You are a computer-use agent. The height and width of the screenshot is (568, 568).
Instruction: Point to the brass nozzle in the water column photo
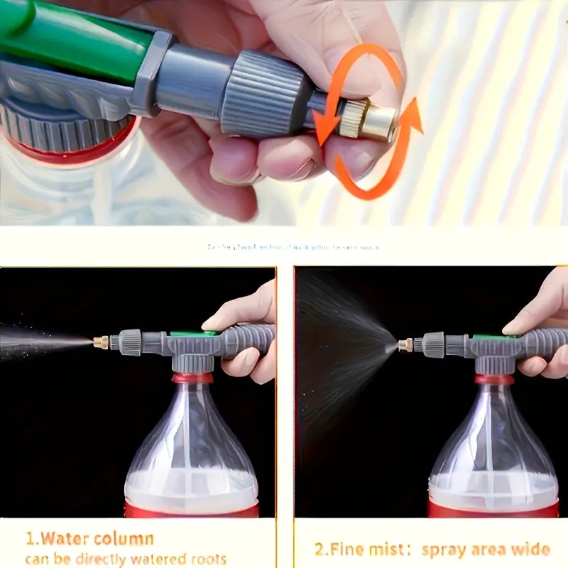pyautogui.click(x=101, y=342)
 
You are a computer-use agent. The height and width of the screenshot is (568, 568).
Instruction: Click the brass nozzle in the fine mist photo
pyautogui.click(x=405, y=346)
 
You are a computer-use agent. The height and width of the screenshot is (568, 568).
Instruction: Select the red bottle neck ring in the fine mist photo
pyautogui.click(x=495, y=379)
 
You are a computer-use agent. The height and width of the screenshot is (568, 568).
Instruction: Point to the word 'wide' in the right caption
pyautogui.click(x=530, y=549)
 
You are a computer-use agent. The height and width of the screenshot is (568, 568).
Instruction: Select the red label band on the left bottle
pyautogui.click(x=192, y=509)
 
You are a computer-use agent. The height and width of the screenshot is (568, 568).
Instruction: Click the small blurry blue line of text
pyautogui.click(x=293, y=247)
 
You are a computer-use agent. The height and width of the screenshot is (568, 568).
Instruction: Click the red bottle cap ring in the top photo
pyautogui.click(x=71, y=149)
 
